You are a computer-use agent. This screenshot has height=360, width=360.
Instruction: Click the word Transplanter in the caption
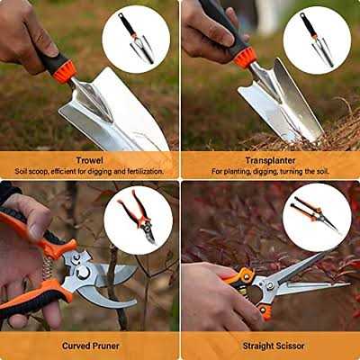pos(270,160)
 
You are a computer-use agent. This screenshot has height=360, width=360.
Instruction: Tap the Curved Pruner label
pos(90,345)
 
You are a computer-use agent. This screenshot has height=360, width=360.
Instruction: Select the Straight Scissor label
pos(270,345)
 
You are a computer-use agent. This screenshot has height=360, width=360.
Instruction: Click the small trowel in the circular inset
pos(137,40)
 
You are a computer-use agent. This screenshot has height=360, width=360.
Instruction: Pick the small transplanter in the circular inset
pos(317,40)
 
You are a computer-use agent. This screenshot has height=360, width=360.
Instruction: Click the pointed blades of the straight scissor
pos(306,275)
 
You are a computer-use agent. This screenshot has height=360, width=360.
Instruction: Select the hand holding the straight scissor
pos(211,301)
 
